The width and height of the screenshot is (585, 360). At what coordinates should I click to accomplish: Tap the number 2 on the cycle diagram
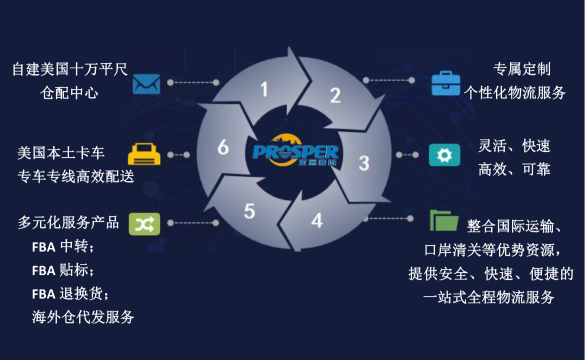pyautogui.click(x=335, y=94)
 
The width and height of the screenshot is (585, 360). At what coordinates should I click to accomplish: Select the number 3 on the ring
pyautogui.click(x=364, y=162)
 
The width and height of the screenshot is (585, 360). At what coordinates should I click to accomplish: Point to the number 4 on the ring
pyautogui.click(x=316, y=220)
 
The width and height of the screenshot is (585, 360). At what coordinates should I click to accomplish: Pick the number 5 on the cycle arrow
pyautogui.click(x=249, y=211)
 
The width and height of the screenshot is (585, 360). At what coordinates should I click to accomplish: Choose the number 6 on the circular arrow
pyautogui.click(x=223, y=147)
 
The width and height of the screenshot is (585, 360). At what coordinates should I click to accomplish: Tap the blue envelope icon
pyautogui.click(x=146, y=83)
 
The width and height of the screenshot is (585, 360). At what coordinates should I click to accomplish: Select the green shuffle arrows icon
pyautogui.click(x=144, y=223)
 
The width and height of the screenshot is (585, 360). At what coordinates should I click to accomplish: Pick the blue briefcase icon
pyautogui.click(x=445, y=83)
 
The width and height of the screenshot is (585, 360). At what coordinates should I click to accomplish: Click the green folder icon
pyautogui.click(x=444, y=220)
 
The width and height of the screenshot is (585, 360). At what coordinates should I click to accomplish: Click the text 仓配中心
pyautogui.click(x=69, y=92)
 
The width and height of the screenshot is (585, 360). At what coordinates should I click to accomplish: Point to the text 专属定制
pyautogui.click(x=521, y=69)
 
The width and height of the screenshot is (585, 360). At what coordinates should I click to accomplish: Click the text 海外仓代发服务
pyautogui.click(x=83, y=317)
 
